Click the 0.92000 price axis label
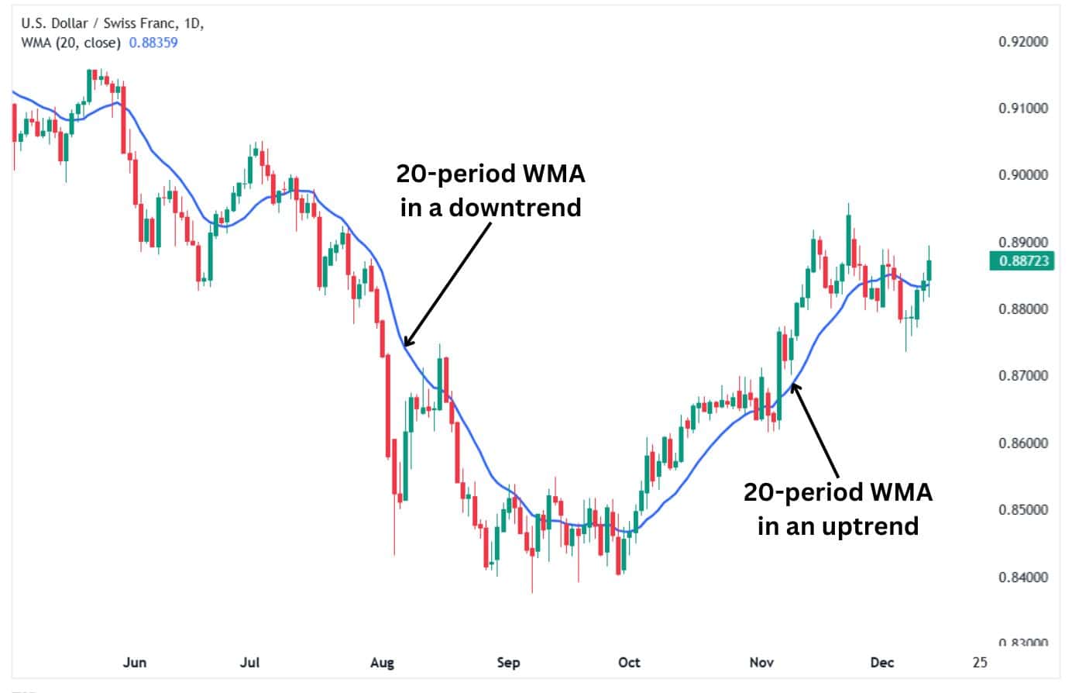(x=1023, y=41)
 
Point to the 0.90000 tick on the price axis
(x=1023, y=175)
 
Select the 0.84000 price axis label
(x=1023, y=577)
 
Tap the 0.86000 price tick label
(x=1023, y=443)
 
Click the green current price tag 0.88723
(x=1022, y=260)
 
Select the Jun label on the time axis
(x=135, y=662)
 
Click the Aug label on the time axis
(x=382, y=662)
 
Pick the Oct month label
(x=629, y=662)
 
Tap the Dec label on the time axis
(x=881, y=662)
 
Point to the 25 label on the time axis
(x=980, y=662)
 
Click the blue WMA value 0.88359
(x=153, y=43)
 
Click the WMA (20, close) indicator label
(x=70, y=43)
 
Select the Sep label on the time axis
(x=508, y=662)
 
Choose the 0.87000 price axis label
(x=1023, y=376)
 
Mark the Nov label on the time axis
(x=761, y=662)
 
